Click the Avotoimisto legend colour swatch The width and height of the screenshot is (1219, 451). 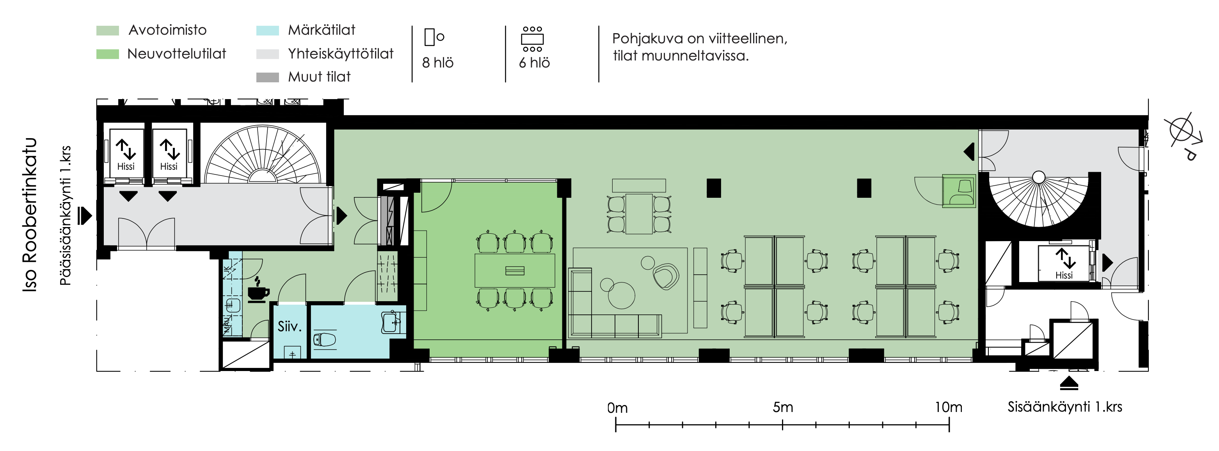click(107, 30)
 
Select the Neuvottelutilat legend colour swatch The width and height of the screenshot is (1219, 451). click(107, 54)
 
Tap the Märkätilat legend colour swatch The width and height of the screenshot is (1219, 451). click(267, 30)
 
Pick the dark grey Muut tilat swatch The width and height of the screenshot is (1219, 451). click(267, 77)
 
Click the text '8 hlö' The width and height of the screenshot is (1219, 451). click(438, 62)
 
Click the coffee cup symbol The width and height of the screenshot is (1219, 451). click(258, 289)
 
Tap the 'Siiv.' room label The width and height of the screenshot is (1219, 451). click(289, 326)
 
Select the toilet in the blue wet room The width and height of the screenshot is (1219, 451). click(325, 339)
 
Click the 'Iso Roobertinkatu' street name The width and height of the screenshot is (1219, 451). click(29, 215)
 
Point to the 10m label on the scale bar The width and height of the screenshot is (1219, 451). click(948, 407)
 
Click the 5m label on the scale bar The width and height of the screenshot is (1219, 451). click(783, 407)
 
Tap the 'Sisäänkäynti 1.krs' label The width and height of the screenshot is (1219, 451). click(1065, 407)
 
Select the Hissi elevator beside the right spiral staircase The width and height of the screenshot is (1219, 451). click(1064, 263)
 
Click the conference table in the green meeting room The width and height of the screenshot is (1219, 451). click(515, 271)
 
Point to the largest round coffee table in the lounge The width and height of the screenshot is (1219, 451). click(621, 296)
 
